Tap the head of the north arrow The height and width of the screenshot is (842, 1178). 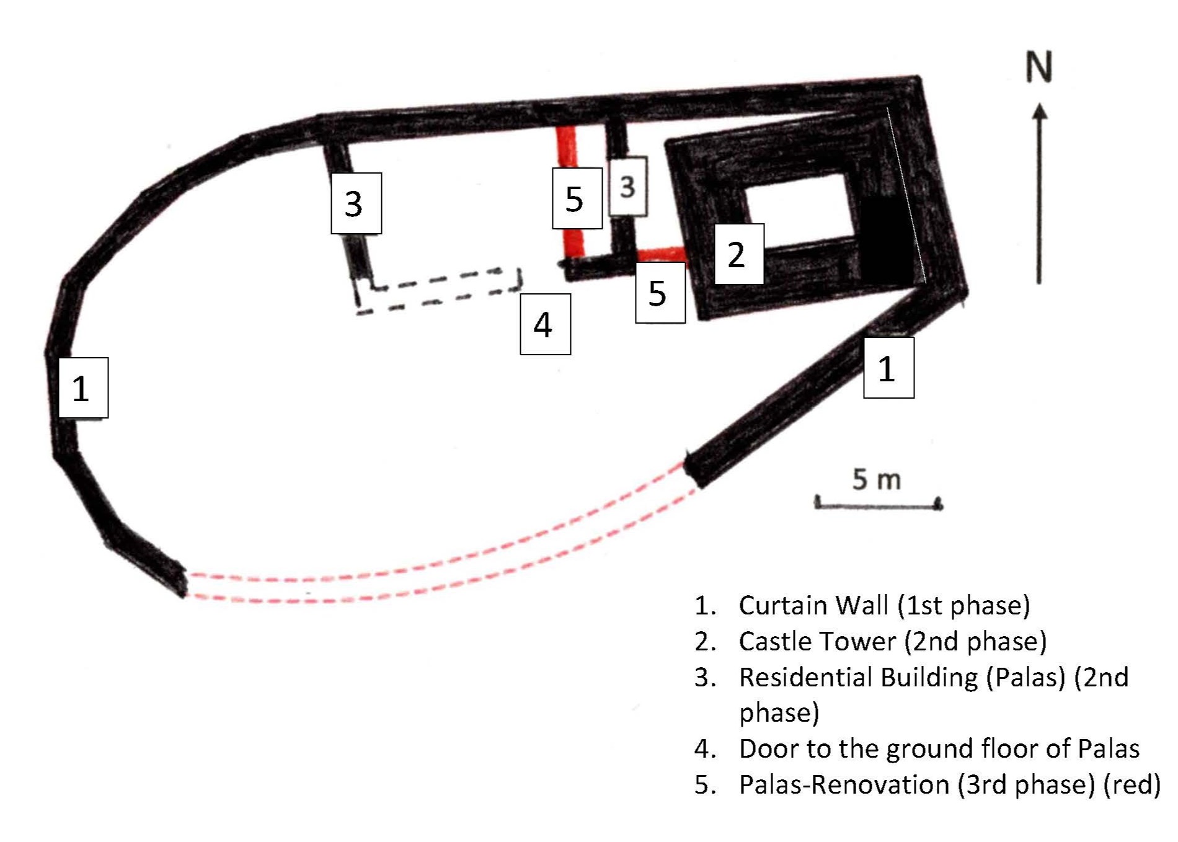[x=1040, y=112]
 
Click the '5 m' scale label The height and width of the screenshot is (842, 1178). [x=876, y=479]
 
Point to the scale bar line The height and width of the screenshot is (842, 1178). [x=879, y=505]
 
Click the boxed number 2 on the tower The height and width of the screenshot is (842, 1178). [x=739, y=254]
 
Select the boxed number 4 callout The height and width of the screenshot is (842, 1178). [x=545, y=324]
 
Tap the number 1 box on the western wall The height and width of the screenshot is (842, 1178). [x=83, y=388]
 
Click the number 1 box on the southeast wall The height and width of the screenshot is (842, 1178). [x=888, y=368]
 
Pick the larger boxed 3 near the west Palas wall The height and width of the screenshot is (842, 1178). [x=356, y=203]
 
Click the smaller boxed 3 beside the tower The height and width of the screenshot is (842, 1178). [x=628, y=186]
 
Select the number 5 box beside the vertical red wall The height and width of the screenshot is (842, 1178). [x=577, y=198]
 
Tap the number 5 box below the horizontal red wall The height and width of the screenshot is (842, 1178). [x=660, y=293]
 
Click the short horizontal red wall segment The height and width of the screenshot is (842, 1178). [x=661, y=254]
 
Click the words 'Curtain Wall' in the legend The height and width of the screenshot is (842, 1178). [x=813, y=605]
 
